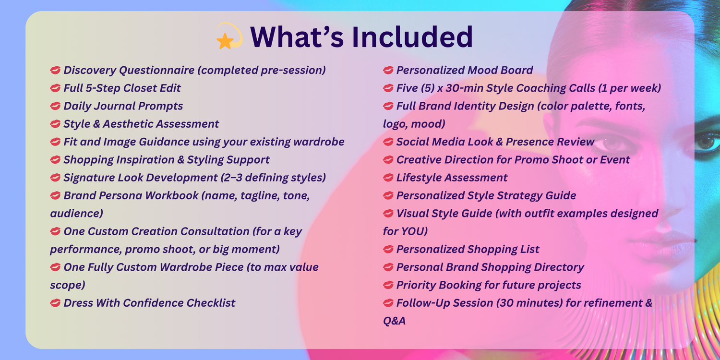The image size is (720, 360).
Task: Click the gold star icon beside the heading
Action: (x=225, y=41)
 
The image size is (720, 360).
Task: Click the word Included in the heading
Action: (x=412, y=37)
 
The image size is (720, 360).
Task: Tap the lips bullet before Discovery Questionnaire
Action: (x=55, y=70)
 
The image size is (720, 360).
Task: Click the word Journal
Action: (x=114, y=106)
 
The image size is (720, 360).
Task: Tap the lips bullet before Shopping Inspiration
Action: (x=55, y=159)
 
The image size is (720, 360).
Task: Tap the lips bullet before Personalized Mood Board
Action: (x=388, y=70)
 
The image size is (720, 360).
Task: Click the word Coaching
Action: (x=540, y=88)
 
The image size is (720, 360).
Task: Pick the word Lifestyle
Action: (x=418, y=178)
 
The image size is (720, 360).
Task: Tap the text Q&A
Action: (x=394, y=321)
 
